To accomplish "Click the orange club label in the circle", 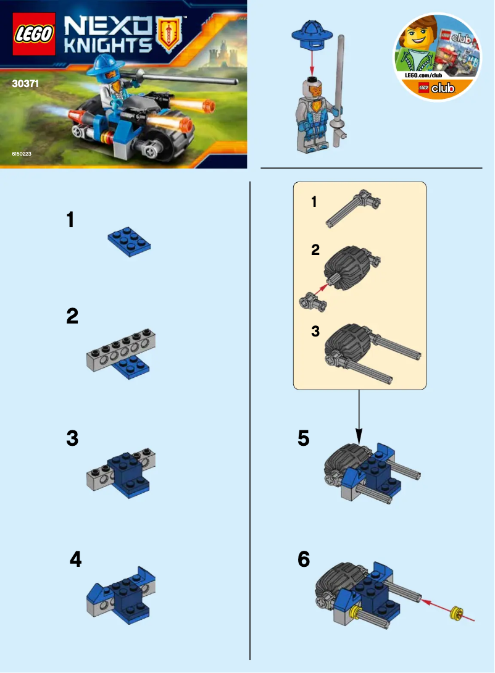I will (x=437, y=88).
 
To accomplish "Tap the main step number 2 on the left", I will (x=72, y=317).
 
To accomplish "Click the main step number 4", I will (x=75, y=559).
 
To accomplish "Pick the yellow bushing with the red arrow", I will (x=457, y=612).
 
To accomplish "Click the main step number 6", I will (x=304, y=559).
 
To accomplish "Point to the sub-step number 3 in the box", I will (x=315, y=332).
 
